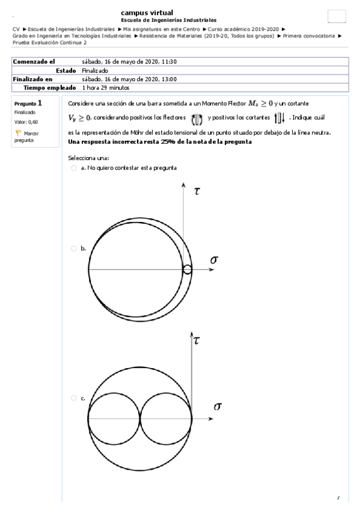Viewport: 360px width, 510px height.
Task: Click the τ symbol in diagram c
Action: [x=197, y=340]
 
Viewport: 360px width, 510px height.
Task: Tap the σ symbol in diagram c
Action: [x=218, y=407]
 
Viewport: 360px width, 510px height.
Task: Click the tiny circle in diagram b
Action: [x=188, y=269]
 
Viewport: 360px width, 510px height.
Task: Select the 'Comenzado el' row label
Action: [x=34, y=61]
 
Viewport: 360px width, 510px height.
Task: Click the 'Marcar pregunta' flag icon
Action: [x=17, y=132]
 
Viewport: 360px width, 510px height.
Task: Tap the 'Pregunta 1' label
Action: [x=28, y=103]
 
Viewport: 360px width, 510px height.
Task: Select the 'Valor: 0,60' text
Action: [x=26, y=121]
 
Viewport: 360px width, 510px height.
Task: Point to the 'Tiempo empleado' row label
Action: [x=50, y=87]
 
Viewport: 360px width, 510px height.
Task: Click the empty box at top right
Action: [x=337, y=16]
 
